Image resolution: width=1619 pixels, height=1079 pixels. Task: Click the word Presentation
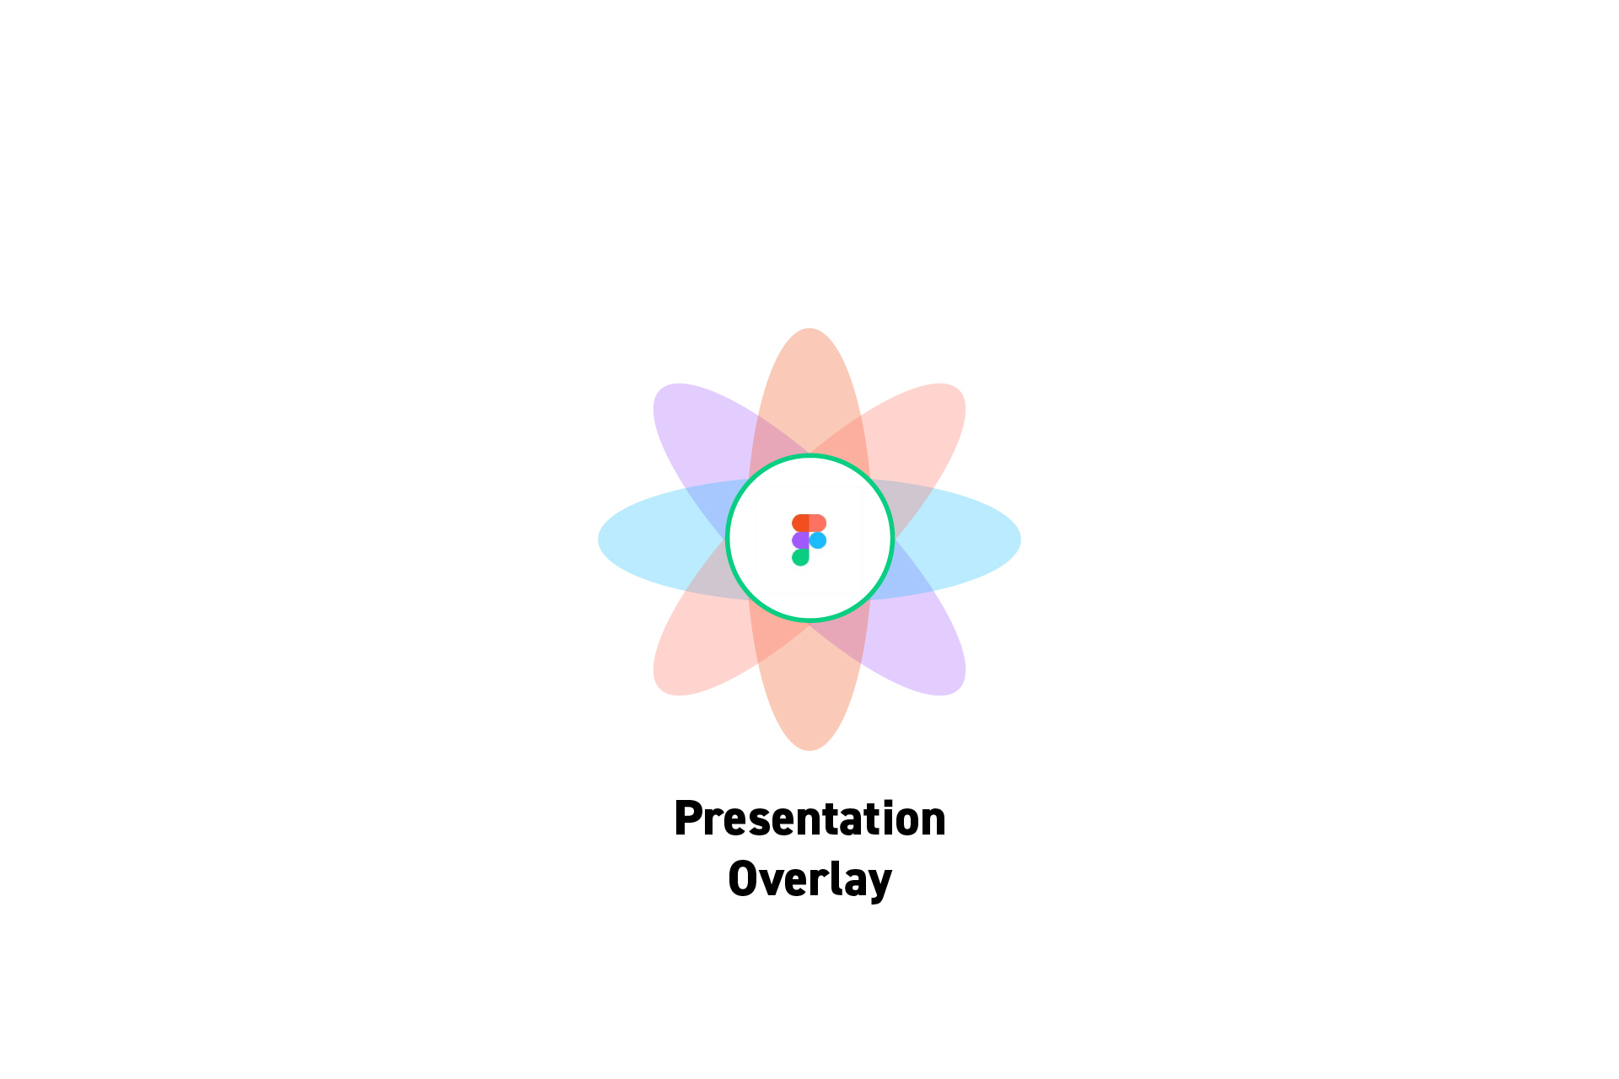pyautogui.click(x=809, y=819)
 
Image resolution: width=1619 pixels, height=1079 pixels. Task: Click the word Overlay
pyautogui.click(x=809, y=879)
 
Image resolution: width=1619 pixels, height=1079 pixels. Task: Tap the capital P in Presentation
pyautogui.click(x=688, y=819)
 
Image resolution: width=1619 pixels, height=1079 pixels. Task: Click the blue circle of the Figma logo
pyautogui.click(x=818, y=540)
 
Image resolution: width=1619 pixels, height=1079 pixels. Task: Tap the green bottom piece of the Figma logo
pyautogui.click(x=800, y=557)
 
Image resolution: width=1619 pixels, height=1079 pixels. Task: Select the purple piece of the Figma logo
pyautogui.click(x=800, y=540)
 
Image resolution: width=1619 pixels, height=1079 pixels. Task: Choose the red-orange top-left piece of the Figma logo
pyautogui.click(x=800, y=523)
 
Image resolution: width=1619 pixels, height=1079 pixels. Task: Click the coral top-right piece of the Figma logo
pyautogui.click(x=818, y=523)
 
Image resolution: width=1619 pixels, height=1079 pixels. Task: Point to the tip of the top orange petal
pyautogui.click(x=809, y=329)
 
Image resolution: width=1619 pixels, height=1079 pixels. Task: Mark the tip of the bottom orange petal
pyautogui.click(x=809, y=750)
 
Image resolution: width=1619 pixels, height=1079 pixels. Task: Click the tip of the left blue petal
pyautogui.click(x=599, y=539)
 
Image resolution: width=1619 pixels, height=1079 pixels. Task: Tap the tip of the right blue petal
pyautogui.click(x=1020, y=539)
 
